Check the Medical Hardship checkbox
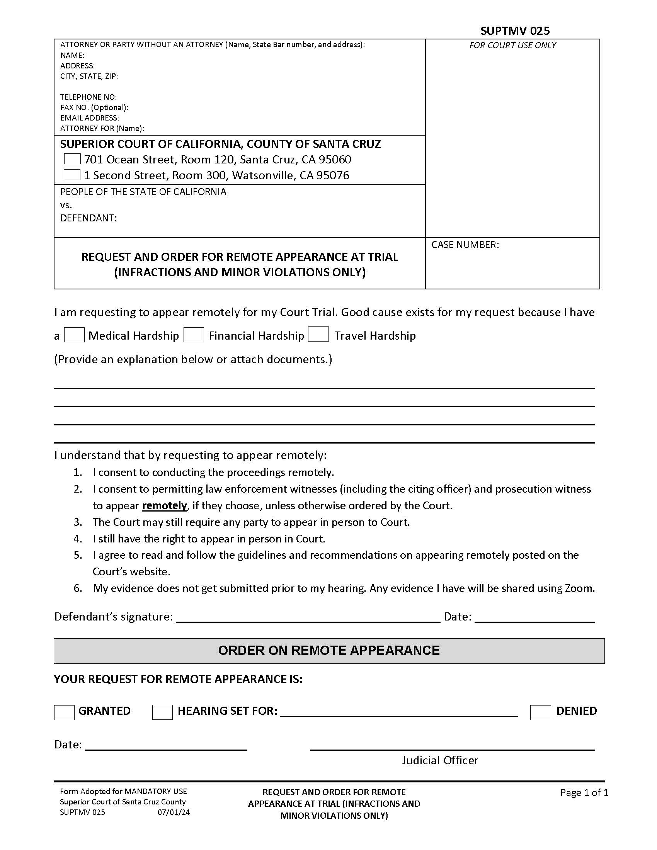click(74, 335)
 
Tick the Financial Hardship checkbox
click(194, 335)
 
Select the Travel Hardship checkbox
click(318, 334)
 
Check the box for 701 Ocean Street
click(72, 159)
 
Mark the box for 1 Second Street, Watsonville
click(72, 175)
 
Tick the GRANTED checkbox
click(64, 712)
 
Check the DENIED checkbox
click(540, 712)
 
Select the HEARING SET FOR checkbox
click(162, 712)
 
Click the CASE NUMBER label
click(465, 245)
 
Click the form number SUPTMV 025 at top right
click(514, 31)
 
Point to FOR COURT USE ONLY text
click(512, 45)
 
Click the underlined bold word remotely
click(164, 506)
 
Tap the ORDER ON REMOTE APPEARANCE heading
click(328, 650)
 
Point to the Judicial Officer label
click(439, 760)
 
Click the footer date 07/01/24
click(174, 812)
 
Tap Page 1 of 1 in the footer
click(584, 792)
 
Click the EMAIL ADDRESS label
click(90, 118)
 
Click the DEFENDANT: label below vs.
click(89, 218)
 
